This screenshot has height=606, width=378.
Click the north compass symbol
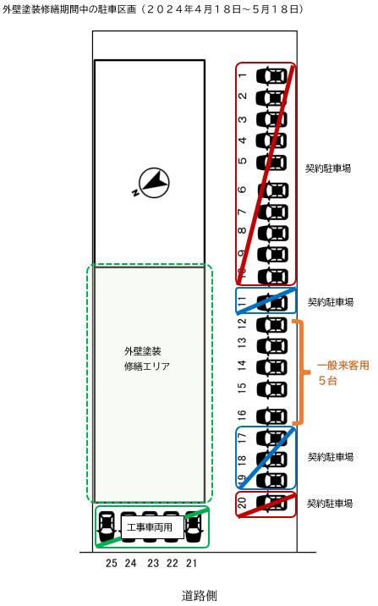click(x=153, y=183)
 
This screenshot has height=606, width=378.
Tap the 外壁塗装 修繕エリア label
click(x=147, y=359)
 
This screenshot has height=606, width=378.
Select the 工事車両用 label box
click(x=152, y=527)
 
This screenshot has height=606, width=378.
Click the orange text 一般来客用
click(x=342, y=366)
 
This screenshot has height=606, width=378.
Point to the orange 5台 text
click(x=327, y=381)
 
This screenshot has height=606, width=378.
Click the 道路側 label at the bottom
click(x=200, y=596)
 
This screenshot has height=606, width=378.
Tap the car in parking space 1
click(x=271, y=75)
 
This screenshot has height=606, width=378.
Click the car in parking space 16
click(x=271, y=416)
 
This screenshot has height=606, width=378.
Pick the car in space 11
click(x=271, y=303)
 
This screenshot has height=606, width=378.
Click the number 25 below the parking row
click(x=111, y=563)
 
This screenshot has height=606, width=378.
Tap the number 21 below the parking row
click(x=191, y=563)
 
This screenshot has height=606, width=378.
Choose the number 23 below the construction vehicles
click(x=153, y=563)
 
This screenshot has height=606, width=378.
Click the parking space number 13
click(x=242, y=343)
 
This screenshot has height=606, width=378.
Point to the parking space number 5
click(x=243, y=161)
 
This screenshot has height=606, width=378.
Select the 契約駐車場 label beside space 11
click(x=331, y=302)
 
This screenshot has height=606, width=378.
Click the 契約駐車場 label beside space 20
click(x=330, y=504)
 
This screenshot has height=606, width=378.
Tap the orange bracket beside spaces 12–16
click(x=302, y=372)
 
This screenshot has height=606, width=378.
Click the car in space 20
click(x=271, y=503)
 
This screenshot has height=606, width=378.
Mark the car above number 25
click(x=107, y=526)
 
